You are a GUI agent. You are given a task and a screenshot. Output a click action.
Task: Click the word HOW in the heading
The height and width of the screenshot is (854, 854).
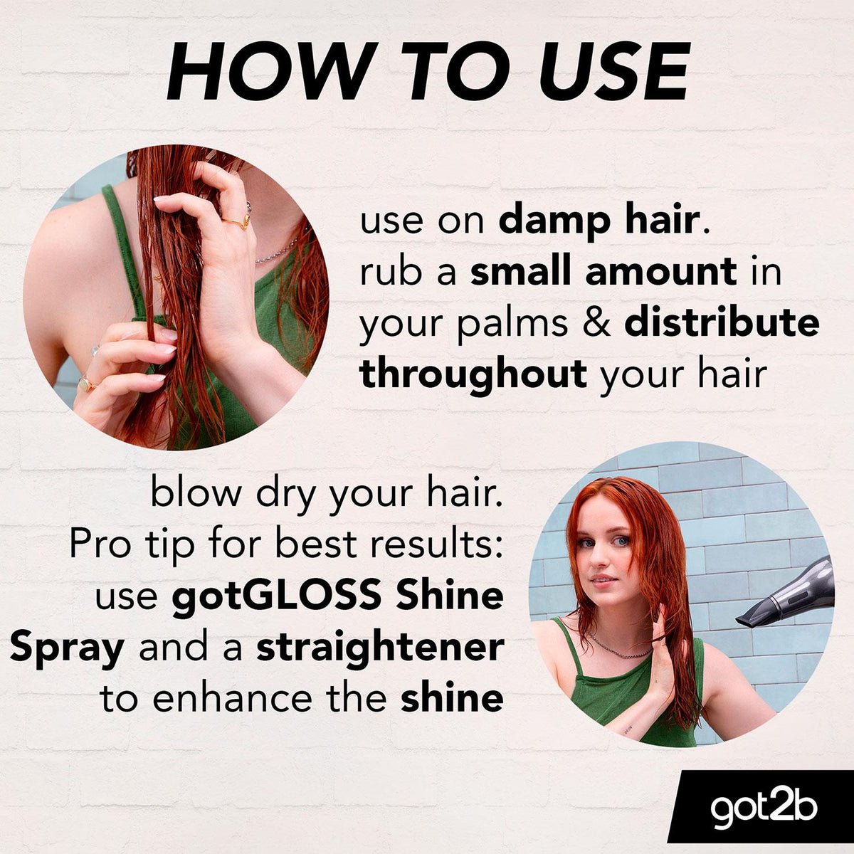click(x=268, y=71)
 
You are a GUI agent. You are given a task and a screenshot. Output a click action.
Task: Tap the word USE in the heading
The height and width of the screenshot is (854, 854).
click(x=613, y=71)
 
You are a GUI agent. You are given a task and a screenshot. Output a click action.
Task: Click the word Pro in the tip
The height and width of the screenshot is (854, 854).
click(x=100, y=546)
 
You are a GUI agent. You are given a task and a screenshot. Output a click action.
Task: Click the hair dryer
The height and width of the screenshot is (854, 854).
click(x=785, y=594)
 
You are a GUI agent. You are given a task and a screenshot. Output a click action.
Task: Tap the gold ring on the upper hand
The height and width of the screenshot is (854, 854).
click(x=238, y=221)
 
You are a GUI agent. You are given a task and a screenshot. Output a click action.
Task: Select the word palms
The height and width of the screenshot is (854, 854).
click(x=512, y=325)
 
